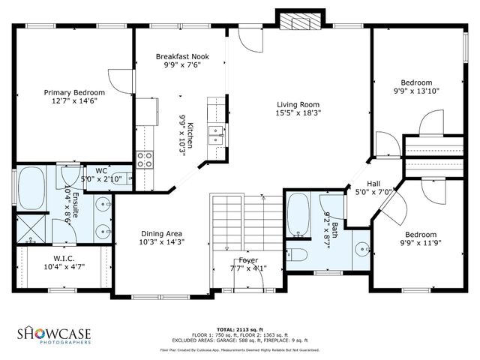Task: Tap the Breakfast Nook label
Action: point(182,56)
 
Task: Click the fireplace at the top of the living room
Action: point(298,21)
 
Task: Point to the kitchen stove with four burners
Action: point(145,159)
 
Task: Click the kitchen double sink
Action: point(216,135)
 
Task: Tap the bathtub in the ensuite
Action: point(32,187)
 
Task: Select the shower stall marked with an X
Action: point(30,227)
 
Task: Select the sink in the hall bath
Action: point(363,247)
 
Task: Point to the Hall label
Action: point(373,184)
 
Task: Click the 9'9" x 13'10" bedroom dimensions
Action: point(416,91)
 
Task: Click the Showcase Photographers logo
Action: point(55,334)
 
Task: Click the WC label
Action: point(101,171)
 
